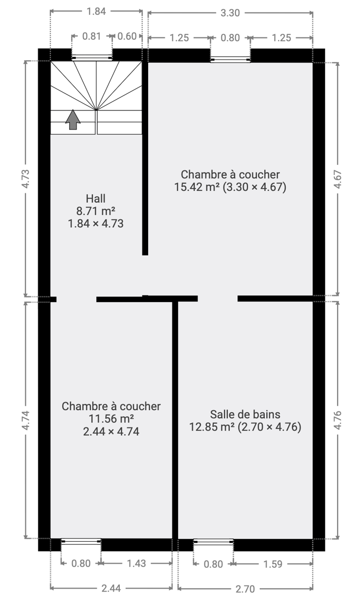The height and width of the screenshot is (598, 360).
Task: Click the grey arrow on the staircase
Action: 73,120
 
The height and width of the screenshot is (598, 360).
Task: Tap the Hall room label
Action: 96,199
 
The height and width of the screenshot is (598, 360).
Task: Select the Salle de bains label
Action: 245,415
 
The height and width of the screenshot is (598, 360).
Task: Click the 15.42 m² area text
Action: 197,187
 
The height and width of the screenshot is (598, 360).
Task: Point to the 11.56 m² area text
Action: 111,419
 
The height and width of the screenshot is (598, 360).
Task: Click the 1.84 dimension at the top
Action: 96,11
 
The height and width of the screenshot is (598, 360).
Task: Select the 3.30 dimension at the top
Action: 230,13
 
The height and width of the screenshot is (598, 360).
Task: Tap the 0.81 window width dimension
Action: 92,36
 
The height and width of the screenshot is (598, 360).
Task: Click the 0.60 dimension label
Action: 127,36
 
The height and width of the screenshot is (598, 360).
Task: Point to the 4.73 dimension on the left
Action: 25,179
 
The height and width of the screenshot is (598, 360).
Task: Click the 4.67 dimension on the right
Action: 338,179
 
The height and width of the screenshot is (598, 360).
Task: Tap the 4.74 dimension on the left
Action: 25,421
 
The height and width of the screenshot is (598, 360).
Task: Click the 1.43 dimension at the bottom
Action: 136,563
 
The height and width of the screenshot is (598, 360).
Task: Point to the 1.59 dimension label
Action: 273,564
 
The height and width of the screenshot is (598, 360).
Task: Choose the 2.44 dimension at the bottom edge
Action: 111,588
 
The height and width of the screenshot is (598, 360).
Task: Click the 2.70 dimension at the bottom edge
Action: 245,589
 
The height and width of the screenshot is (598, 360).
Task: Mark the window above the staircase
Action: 92,57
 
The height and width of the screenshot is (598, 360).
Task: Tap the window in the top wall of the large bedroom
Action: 230,59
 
